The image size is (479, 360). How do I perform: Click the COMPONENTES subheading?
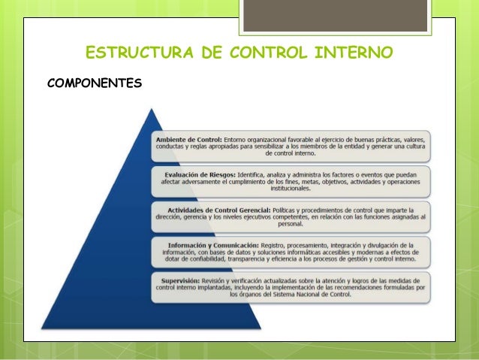[x=94, y=81]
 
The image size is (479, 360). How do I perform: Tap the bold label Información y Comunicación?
[x=213, y=246]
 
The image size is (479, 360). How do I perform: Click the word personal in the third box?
[x=291, y=223]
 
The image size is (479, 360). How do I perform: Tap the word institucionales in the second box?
[x=291, y=190]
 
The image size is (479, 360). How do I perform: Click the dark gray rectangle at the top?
[x=334, y=15]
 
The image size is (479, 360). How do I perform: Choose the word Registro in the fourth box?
[x=275, y=246]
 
